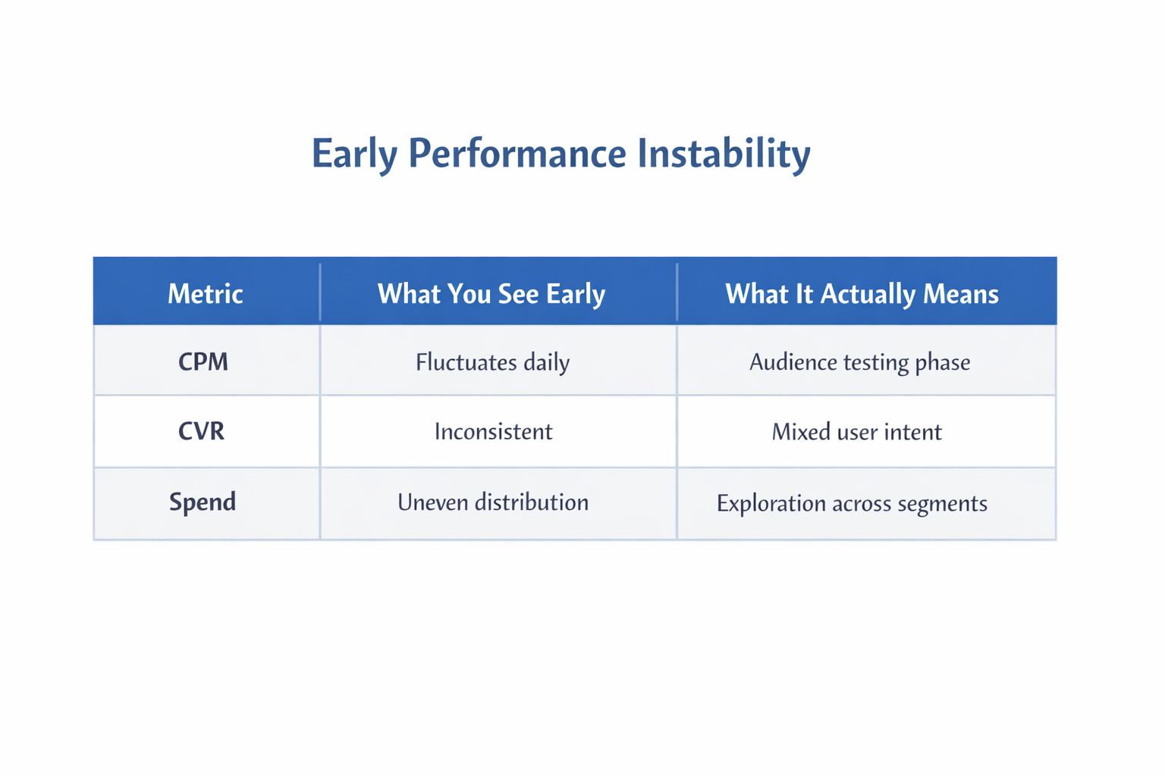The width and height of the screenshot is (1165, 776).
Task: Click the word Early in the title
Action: (354, 154)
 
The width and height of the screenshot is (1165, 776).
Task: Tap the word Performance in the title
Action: (517, 154)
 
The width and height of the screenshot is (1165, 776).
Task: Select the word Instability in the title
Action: (724, 154)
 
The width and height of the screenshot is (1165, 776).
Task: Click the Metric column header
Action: (205, 294)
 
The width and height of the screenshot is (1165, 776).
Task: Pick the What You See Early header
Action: (491, 294)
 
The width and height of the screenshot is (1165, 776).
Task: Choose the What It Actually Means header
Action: (862, 294)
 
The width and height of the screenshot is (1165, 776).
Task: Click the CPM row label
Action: (203, 361)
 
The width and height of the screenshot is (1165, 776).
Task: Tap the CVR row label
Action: (202, 431)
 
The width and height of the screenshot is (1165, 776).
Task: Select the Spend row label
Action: (203, 502)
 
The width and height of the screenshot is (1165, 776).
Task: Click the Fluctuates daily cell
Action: (492, 362)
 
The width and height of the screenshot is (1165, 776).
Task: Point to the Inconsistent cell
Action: (493, 432)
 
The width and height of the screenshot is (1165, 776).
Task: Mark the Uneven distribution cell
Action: (493, 502)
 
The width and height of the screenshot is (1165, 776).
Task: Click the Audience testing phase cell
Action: (859, 362)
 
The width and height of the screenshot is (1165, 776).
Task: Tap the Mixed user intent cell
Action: (856, 432)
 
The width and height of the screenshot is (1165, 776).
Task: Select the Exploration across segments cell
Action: (852, 503)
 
